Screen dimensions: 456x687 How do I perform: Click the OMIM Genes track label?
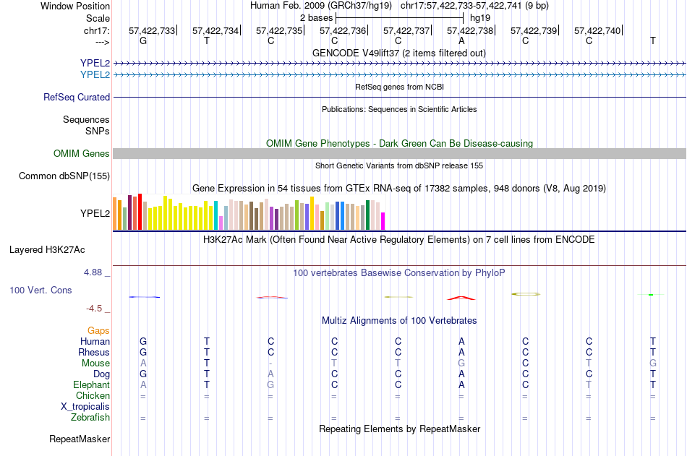82,153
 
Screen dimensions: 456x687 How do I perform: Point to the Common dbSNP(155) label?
64,176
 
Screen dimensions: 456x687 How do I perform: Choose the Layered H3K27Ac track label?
47,250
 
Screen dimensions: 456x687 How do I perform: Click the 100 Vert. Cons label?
40,290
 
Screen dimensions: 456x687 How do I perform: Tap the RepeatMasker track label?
80,439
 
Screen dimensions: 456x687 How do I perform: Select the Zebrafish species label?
90,417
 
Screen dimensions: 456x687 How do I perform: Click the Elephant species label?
92,384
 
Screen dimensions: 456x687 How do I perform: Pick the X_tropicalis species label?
85,406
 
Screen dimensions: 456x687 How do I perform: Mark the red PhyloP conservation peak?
461,297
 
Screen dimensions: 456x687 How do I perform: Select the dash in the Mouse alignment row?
270,363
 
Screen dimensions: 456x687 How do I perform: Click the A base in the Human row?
461,341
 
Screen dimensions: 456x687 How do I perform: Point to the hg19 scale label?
480,17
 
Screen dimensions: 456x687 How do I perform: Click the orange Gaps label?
99,330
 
